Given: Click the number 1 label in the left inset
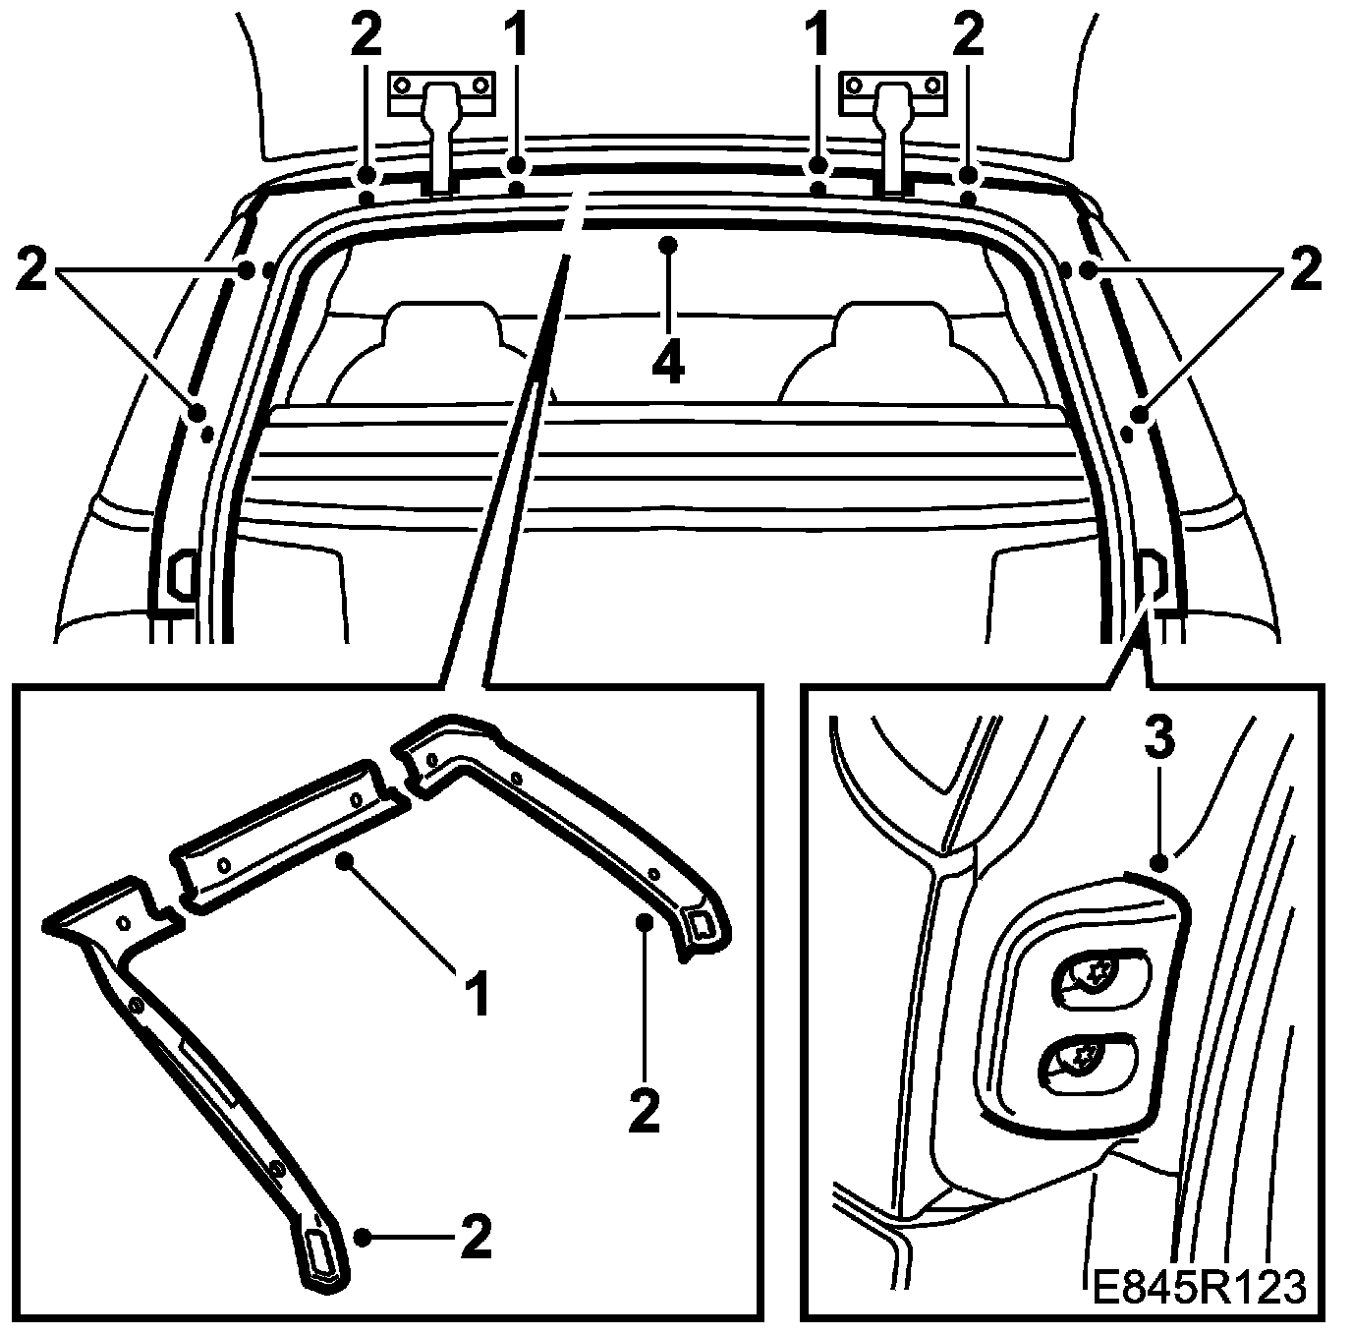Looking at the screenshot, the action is coord(478,996).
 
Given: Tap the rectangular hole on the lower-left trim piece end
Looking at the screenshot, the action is coord(320,1251).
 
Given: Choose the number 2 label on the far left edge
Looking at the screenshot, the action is coord(31,269).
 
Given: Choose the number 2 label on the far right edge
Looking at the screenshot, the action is coord(1306,269).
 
